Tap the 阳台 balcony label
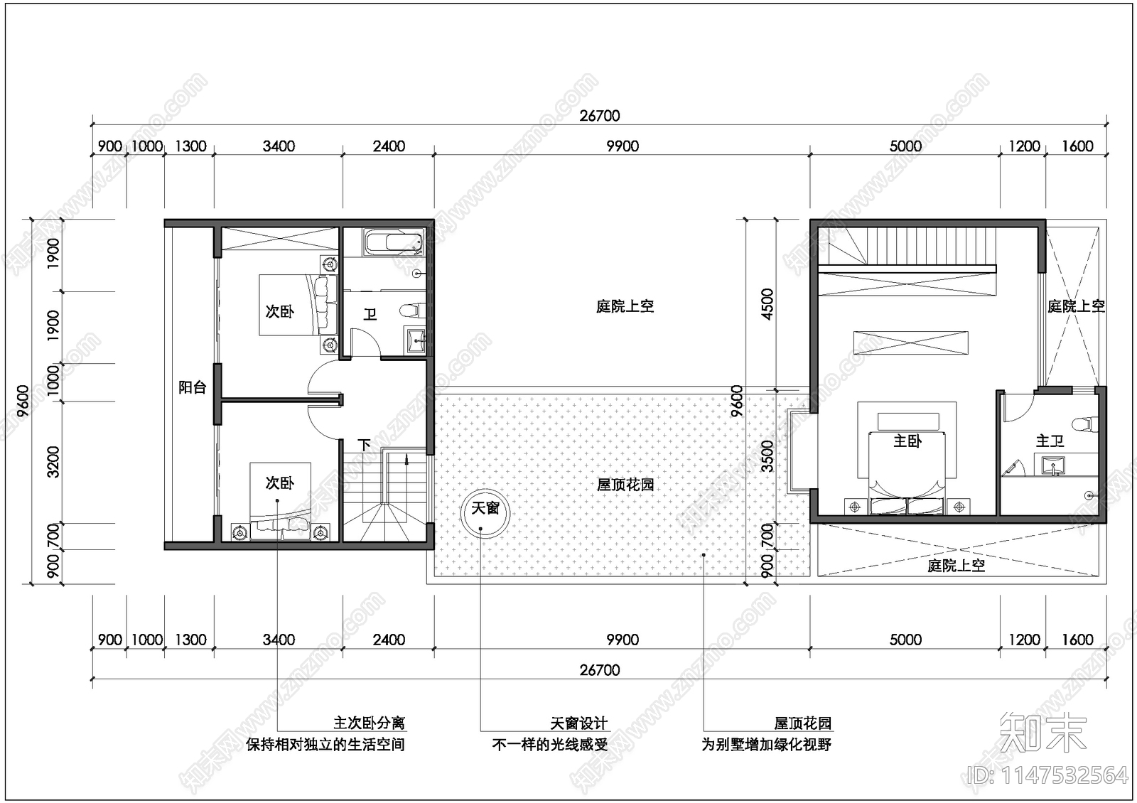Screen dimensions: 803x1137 click(192, 387)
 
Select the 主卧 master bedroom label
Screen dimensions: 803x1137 click(907, 441)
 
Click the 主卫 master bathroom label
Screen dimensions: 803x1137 click(1050, 441)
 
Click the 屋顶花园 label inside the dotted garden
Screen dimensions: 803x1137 click(625, 485)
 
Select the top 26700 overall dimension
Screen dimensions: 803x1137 click(599, 115)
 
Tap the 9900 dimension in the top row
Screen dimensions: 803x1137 click(622, 146)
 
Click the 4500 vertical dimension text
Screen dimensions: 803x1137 click(767, 303)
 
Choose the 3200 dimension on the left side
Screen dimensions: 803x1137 click(53, 462)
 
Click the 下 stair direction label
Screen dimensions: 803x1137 click(364, 446)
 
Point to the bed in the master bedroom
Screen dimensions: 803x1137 click(907, 462)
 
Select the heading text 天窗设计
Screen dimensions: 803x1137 click(579, 723)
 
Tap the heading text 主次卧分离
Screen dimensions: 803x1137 click(369, 723)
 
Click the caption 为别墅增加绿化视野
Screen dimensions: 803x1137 click(766, 745)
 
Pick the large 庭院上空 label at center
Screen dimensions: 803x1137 click(625, 306)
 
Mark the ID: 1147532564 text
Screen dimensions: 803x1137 click(1048, 775)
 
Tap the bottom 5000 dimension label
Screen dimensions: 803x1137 click(905, 640)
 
